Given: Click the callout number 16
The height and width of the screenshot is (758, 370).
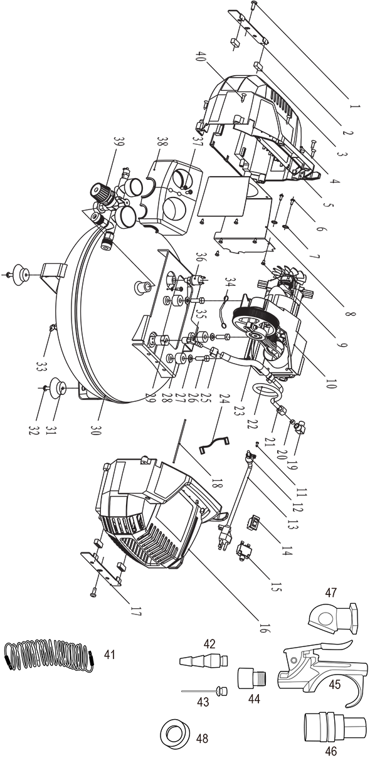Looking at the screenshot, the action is pyautogui.click(x=264, y=627).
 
